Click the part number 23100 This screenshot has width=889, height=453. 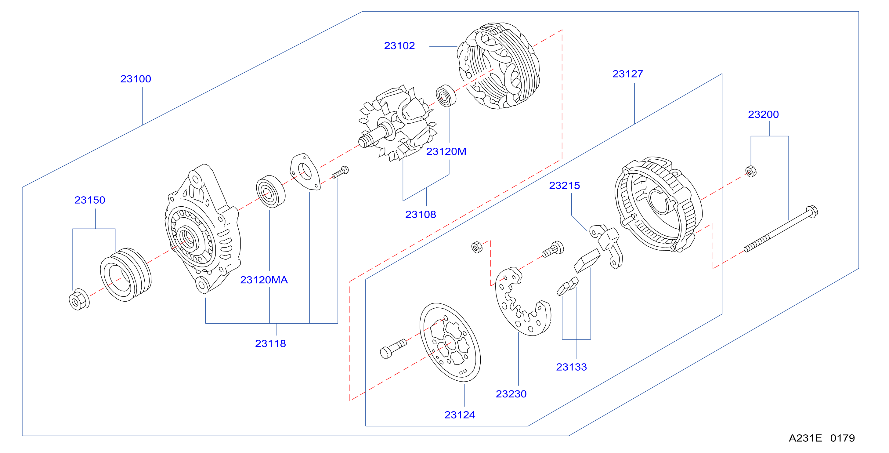[136, 79]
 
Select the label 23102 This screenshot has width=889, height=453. [399, 45]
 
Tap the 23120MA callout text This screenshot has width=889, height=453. [264, 280]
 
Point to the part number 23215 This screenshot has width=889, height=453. [565, 185]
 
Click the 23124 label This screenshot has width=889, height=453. [460, 415]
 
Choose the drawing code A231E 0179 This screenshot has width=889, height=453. [822, 438]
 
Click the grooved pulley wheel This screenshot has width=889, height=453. [126, 274]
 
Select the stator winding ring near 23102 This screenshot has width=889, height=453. [499, 66]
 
